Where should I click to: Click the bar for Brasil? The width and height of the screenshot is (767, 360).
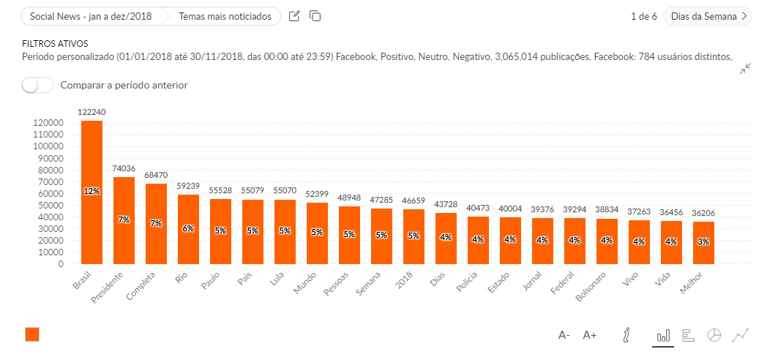[91, 192]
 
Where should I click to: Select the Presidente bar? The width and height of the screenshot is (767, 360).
[124, 220]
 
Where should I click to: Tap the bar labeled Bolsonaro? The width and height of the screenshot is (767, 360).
[607, 241]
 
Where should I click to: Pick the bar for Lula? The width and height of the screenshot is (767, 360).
[285, 231]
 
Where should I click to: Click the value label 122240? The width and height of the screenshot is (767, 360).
[91, 112]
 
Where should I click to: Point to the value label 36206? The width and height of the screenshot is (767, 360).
[703, 214]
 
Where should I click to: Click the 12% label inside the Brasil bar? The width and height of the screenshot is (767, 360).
[91, 191]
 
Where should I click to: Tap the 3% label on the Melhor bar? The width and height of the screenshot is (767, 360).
[703, 241]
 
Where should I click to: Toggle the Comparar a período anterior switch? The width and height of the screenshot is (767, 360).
[38, 85]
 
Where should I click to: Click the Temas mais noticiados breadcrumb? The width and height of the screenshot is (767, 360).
[225, 16]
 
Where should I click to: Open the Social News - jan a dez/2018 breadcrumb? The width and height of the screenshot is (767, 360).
[91, 16]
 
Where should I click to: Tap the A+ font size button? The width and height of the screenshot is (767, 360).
[590, 335]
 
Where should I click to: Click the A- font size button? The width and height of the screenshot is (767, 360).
[564, 335]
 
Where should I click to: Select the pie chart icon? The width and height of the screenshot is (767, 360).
[714, 335]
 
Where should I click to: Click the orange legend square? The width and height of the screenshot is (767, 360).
[32, 334]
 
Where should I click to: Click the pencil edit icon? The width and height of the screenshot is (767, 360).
[294, 16]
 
